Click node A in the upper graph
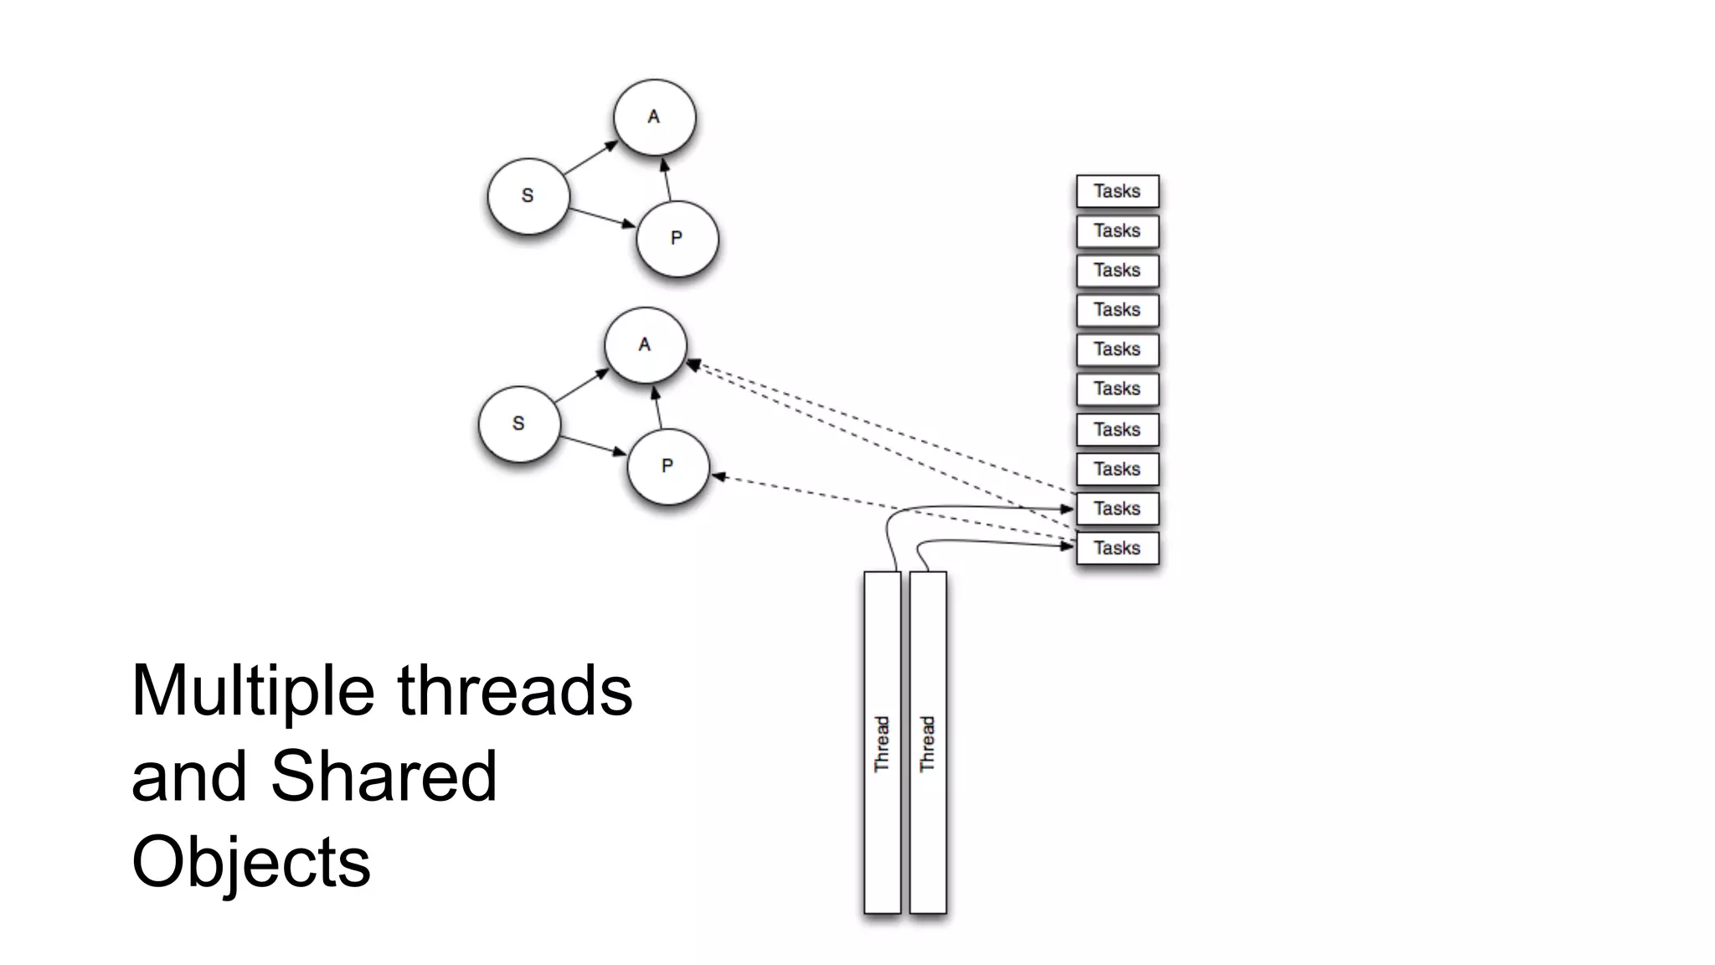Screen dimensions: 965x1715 [654, 117]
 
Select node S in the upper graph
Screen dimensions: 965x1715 [528, 196]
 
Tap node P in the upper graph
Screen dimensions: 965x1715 [677, 239]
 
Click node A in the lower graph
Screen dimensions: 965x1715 [645, 345]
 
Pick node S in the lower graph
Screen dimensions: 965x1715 [518, 424]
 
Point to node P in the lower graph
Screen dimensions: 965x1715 [667, 467]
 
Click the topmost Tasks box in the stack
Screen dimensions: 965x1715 [1117, 191]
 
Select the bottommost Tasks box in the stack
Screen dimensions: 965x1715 [1117, 548]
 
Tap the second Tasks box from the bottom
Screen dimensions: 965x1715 [1117, 508]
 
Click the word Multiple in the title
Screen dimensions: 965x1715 [252, 690]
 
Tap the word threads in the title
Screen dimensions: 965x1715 [514, 690]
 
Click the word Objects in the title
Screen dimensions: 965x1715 [250, 862]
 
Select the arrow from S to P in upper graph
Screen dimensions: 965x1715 [601, 216]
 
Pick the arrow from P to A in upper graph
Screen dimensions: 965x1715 [667, 179]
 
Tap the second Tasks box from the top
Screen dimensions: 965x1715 [1117, 230]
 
